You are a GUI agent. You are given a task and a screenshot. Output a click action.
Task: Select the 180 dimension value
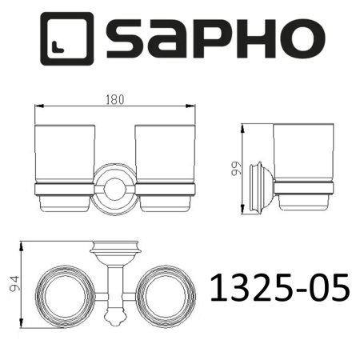click(x=116, y=100)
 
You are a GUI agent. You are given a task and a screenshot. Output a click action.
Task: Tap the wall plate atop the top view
click(x=116, y=246)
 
